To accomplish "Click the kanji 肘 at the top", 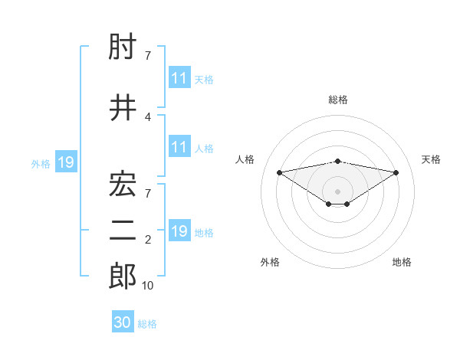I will point(123,48).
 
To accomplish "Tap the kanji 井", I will point(123,108).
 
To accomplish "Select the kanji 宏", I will point(123,183).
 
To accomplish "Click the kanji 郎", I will point(123,277).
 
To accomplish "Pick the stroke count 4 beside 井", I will point(147,116).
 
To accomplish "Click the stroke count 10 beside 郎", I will point(148,286).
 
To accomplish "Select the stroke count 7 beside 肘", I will point(147,56).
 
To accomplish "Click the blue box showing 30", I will point(123,322).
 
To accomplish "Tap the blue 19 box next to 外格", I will point(65,162).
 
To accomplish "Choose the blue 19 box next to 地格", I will point(179,231).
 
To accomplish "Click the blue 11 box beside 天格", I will point(179,78).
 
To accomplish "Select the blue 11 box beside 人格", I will point(179,147).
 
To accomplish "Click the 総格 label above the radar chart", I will point(338,100).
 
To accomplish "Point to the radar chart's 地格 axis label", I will point(402,262).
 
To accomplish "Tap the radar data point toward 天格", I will point(396,172).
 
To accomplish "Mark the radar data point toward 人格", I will point(280,172).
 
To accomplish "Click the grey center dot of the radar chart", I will point(338,191).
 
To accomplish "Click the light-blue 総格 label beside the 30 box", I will point(147,324).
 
